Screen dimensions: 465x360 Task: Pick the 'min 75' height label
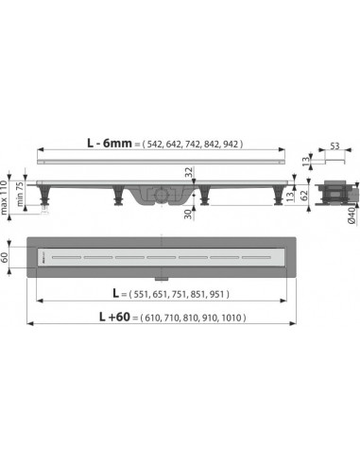[19, 203]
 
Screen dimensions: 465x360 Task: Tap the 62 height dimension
[306, 198]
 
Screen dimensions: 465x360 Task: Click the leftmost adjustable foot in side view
[48, 198]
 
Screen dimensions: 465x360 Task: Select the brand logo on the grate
[43, 256]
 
